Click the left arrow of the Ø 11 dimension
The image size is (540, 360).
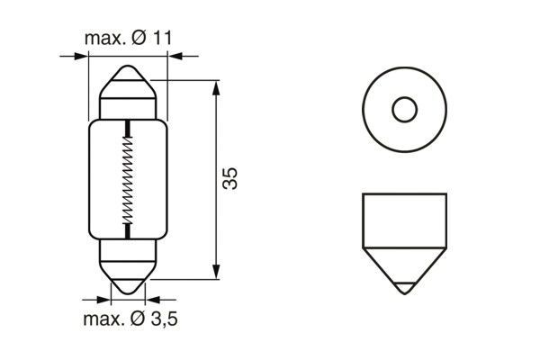(82, 56)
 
